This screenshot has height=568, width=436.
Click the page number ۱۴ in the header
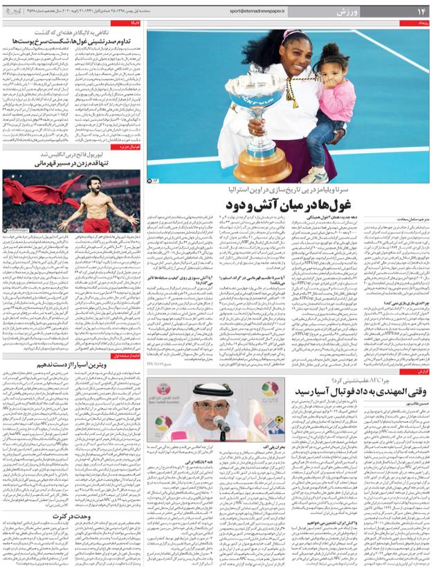[x=420, y=11]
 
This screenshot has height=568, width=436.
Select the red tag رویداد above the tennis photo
[x=423, y=24]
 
